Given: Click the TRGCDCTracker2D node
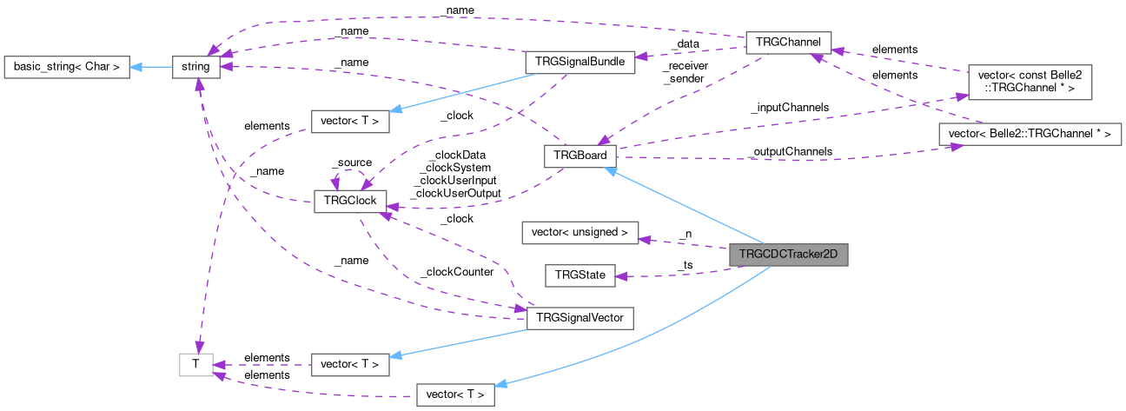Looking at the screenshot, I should pyautogui.click(x=788, y=255).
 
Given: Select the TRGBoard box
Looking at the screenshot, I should pyautogui.click(x=580, y=156).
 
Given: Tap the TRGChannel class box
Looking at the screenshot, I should pyautogui.click(x=789, y=43).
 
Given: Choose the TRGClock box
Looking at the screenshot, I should pyautogui.click(x=349, y=201).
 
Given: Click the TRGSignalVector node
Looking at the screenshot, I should pyautogui.click(x=580, y=318).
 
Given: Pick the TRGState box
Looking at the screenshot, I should pyautogui.click(x=580, y=275).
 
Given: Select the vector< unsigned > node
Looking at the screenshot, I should pyautogui.click(x=580, y=233).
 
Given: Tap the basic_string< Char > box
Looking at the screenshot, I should pyautogui.click(x=67, y=66).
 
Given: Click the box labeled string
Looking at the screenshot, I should pyautogui.click(x=196, y=67).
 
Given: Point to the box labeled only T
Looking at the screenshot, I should pyautogui.click(x=196, y=365).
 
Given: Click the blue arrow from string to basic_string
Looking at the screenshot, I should pyautogui.click(x=151, y=67).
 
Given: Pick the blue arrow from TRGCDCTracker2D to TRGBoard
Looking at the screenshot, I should pyautogui.click(x=686, y=208).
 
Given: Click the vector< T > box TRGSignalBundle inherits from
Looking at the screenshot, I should pyautogui.click(x=349, y=121).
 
